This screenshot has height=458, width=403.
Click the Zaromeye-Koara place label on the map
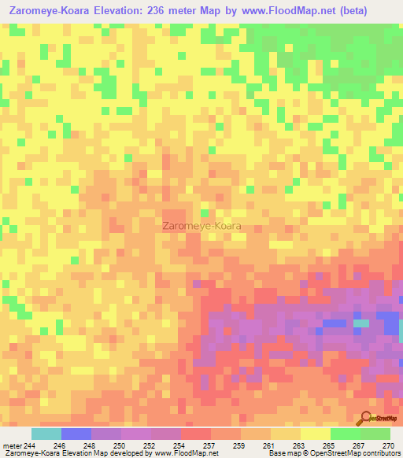pyautogui.click(x=201, y=225)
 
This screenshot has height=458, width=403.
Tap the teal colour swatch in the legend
pyautogui.click(x=46, y=434)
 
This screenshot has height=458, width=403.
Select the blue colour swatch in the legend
pyautogui.click(x=76, y=434)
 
